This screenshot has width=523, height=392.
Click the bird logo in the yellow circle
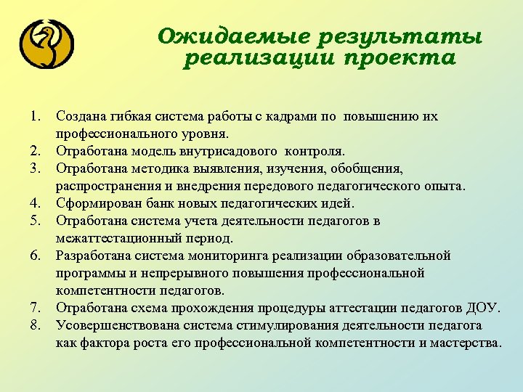[x=47, y=45]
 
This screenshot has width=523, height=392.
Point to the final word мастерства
[x=465, y=343]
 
